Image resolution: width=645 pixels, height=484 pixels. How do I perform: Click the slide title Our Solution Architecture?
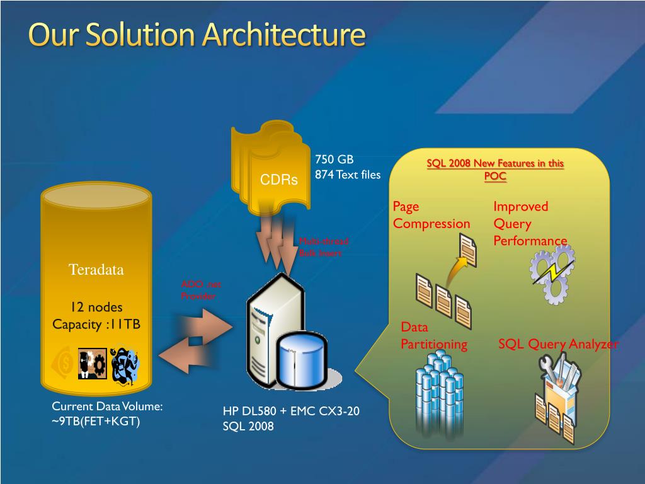click(x=197, y=35)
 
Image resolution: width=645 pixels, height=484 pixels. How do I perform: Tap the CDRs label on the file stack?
click(x=279, y=180)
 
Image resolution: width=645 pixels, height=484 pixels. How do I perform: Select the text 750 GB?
click(x=334, y=159)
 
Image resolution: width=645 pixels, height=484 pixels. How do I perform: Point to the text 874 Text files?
click(x=348, y=175)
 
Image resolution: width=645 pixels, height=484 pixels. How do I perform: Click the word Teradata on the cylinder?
click(x=96, y=270)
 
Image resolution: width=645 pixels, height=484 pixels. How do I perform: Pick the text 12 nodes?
click(x=96, y=307)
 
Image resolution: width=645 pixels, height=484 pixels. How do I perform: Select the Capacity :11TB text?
click(x=96, y=324)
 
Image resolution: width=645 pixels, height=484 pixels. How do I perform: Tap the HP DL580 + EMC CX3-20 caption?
click(x=291, y=412)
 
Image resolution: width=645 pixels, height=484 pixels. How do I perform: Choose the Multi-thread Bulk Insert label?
click(x=322, y=247)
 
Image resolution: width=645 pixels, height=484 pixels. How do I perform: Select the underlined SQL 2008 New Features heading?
click(x=495, y=170)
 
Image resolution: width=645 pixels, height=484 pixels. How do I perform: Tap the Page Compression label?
click(x=431, y=215)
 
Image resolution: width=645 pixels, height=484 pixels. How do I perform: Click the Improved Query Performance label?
click(x=530, y=224)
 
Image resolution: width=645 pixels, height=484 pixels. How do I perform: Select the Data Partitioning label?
click(x=434, y=335)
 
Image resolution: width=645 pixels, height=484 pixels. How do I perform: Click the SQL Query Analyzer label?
click(x=558, y=344)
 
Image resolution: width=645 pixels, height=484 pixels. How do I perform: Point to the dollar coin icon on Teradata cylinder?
click(x=65, y=362)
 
